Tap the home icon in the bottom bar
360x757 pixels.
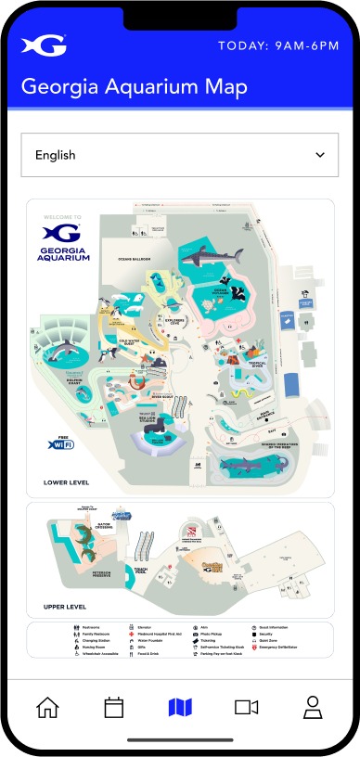47,707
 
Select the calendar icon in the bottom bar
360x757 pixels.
113,707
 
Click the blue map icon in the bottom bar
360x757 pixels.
180,707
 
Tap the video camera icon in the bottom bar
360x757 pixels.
246,707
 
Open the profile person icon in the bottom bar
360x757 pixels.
313,707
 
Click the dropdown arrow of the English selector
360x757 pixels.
320,155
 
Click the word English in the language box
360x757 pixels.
56,155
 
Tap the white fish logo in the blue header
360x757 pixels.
44,45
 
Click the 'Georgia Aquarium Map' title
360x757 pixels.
134,87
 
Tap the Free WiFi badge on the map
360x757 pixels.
60,444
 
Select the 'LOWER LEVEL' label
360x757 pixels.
66,482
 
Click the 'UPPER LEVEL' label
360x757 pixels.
65,607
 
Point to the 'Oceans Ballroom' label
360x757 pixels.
135,260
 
